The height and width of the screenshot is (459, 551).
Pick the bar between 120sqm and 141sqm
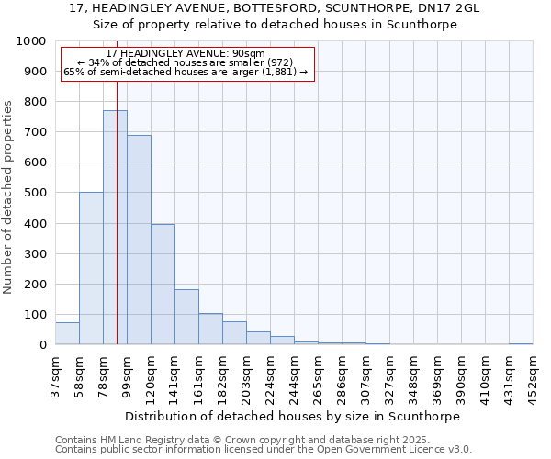[x=163, y=285]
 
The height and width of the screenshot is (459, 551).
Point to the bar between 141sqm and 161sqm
[x=186, y=317]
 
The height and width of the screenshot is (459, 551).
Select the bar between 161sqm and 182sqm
[x=210, y=329]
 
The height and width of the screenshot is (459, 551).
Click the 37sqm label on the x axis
[x=55, y=376]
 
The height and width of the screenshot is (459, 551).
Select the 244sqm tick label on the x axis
[x=294, y=376]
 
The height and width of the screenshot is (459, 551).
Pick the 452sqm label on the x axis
[x=533, y=376]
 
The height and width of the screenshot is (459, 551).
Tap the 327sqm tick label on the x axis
[x=389, y=376]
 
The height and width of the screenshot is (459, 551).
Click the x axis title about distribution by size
[x=292, y=416]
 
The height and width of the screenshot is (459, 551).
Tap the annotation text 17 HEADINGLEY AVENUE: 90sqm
[x=186, y=53]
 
